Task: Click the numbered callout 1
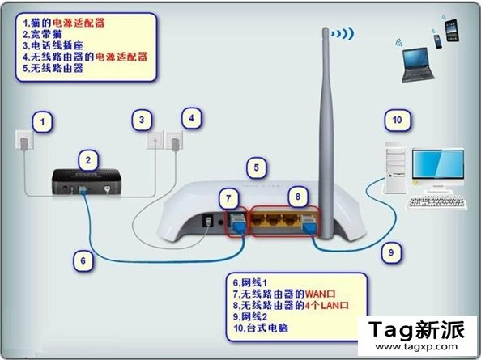tap(42, 122)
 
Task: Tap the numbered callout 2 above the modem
tap(88, 160)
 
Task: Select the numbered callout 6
tap(83, 260)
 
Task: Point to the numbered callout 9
tap(391, 252)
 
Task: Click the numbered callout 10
tap(398, 120)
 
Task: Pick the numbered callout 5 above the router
tap(257, 167)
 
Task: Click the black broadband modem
tap(87, 181)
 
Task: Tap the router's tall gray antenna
tap(326, 132)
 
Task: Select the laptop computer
tap(418, 65)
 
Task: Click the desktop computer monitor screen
tap(438, 164)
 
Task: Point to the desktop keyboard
tap(438, 203)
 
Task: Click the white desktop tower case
tap(395, 167)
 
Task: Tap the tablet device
tap(452, 30)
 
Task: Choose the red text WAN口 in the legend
tap(320, 294)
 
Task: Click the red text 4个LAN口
tap(326, 306)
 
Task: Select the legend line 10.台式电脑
tap(261, 328)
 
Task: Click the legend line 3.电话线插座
tap(53, 45)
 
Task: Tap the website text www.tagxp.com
tap(416, 347)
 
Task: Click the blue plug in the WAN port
tap(238, 223)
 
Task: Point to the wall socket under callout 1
tap(24, 140)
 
